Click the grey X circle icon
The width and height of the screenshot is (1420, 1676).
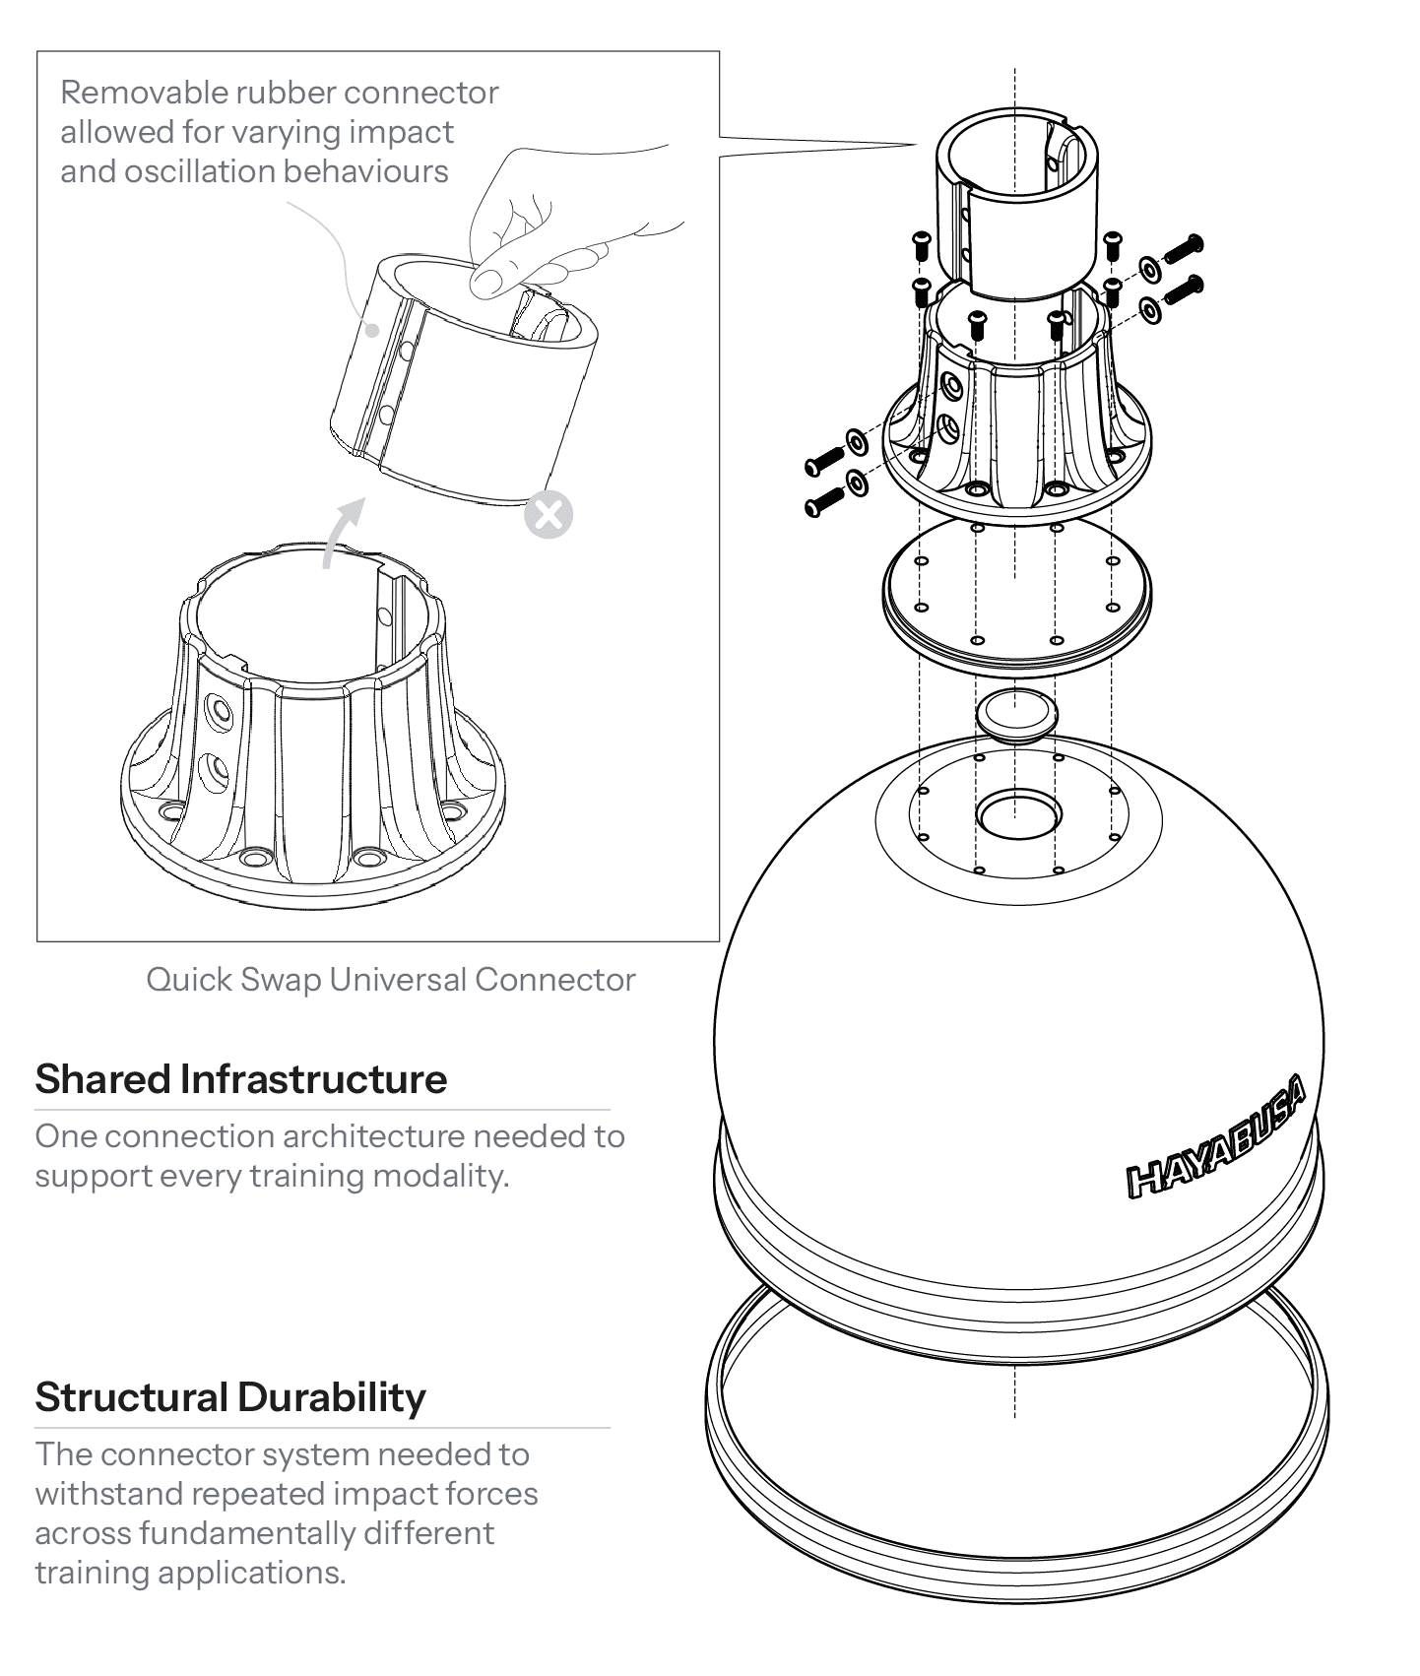(549, 514)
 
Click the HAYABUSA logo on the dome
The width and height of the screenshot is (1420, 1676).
(1217, 1138)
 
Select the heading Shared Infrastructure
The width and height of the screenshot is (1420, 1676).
(241, 1079)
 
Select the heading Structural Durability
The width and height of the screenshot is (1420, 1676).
(230, 1397)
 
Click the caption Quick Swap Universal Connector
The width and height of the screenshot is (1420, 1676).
(391, 980)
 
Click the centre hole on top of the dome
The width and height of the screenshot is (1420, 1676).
(1018, 813)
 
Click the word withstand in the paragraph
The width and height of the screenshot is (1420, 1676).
(108, 1494)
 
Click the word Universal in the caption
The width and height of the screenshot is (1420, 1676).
(398, 980)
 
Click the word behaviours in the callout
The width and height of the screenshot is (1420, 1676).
(365, 171)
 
